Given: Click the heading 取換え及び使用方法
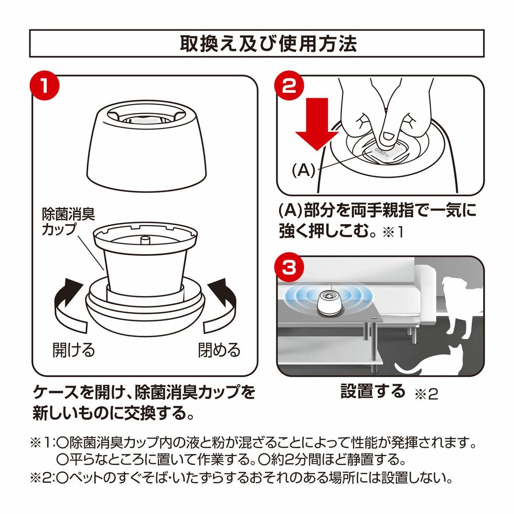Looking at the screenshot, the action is coord(268,44).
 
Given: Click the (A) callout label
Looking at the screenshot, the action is coord(303,170).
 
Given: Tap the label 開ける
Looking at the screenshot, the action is coord(74,350).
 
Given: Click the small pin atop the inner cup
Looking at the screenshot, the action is coord(144,240).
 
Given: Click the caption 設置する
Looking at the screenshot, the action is coord(373,391).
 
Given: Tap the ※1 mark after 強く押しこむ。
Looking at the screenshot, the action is coord(393,232).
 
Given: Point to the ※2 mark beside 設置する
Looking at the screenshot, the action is coord(426,393).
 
